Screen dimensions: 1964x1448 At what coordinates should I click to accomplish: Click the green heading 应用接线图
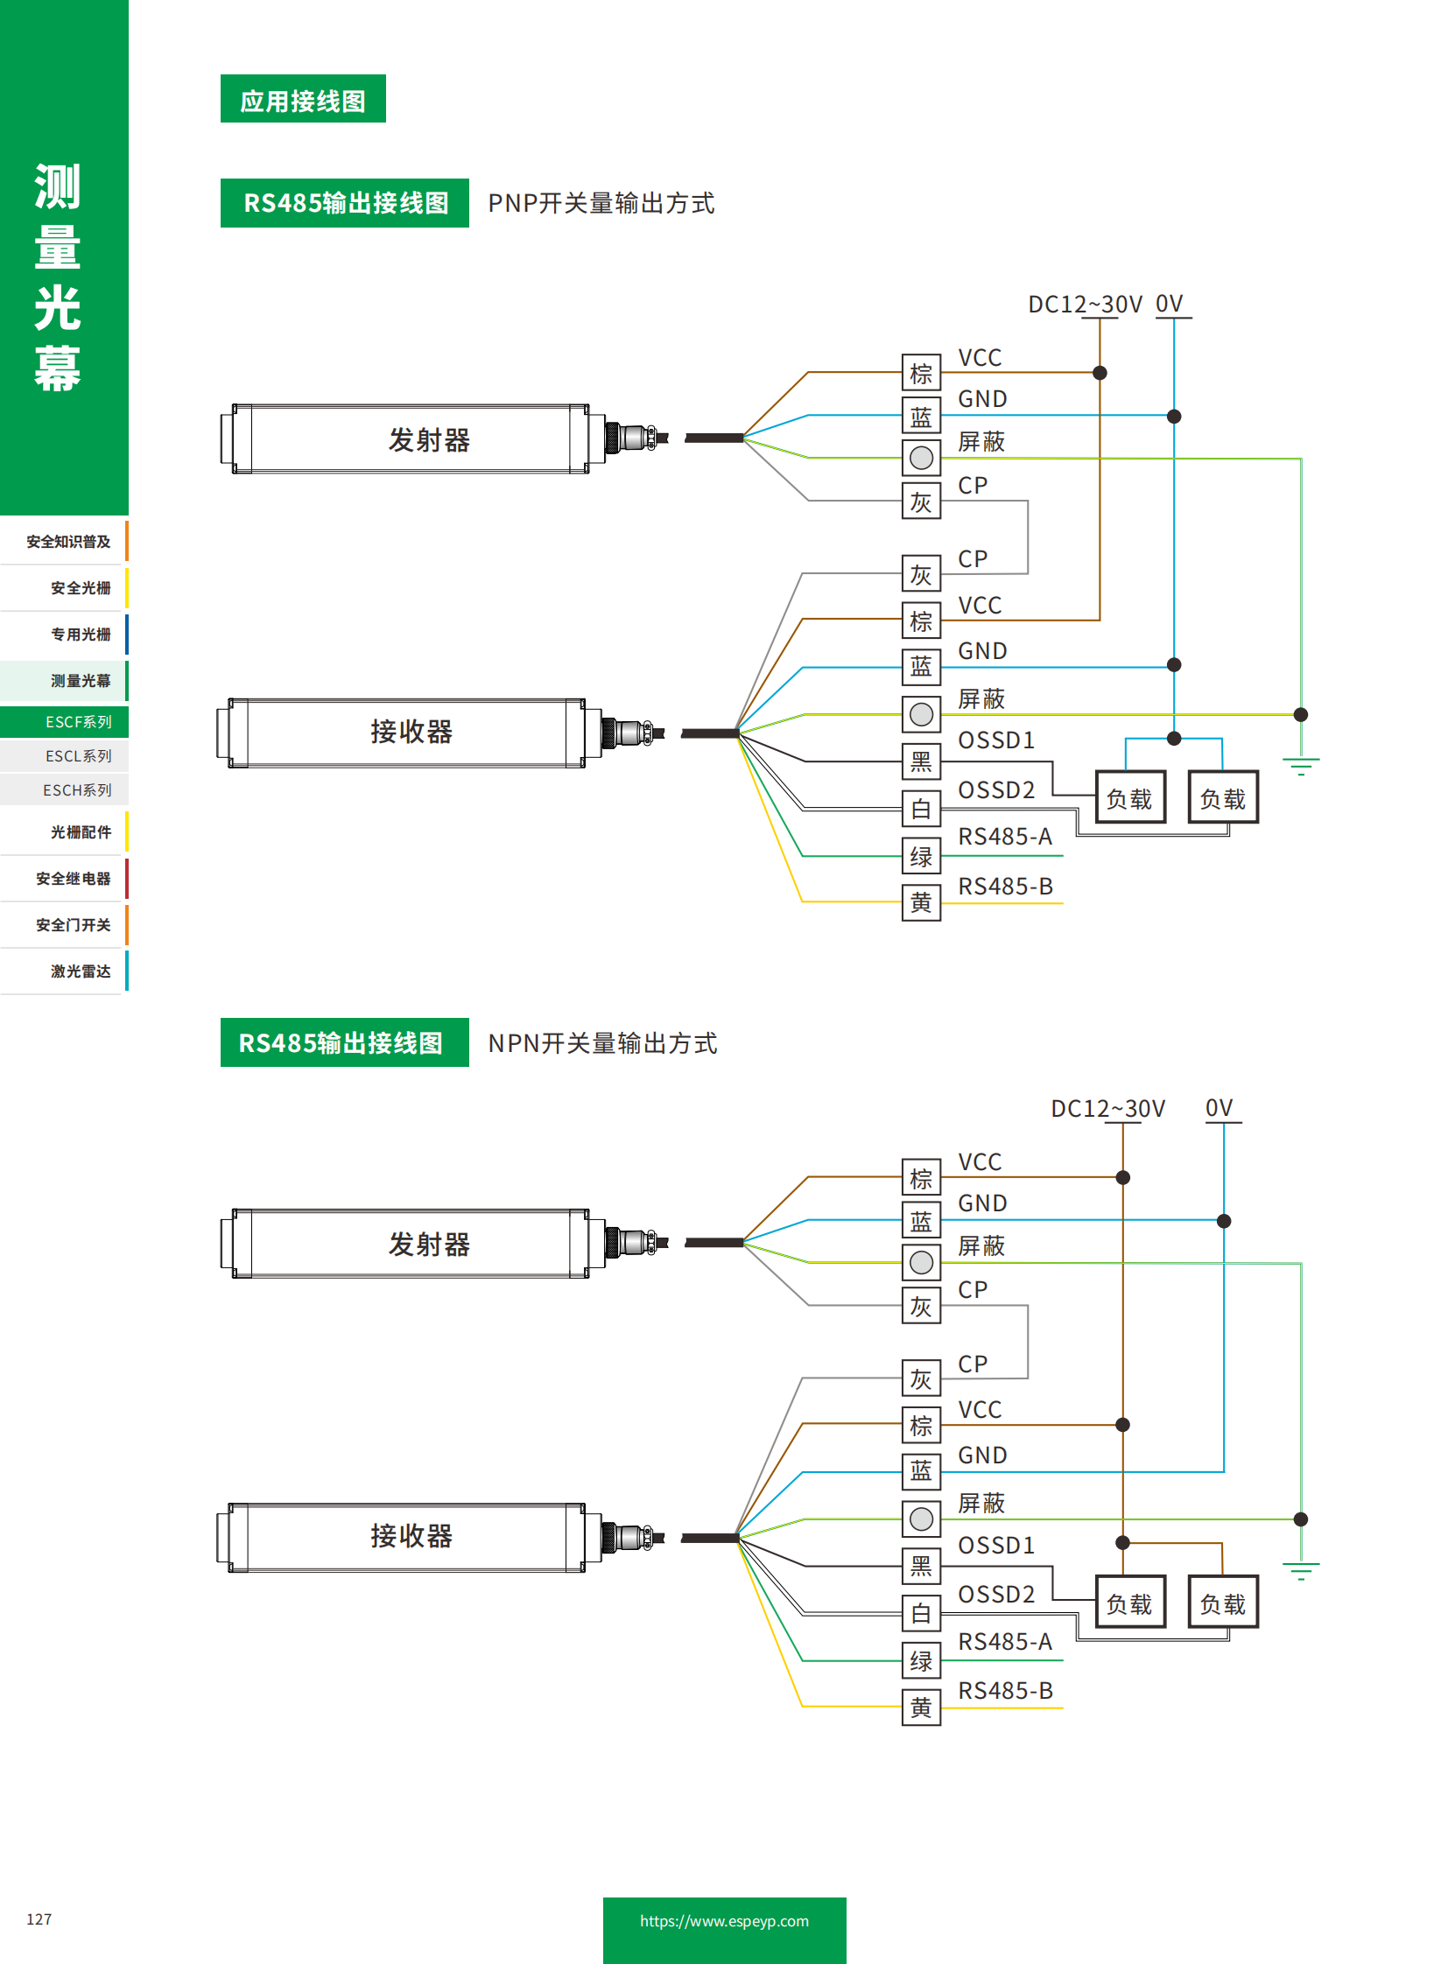(x=302, y=100)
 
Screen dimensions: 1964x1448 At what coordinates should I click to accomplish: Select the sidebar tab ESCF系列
(x=78, y=721)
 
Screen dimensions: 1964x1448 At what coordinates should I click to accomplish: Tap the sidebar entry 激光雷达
(x=80, y=970)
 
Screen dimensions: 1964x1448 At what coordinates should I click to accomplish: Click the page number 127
(x=39, y=1918)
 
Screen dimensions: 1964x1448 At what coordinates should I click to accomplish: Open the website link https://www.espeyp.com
(x=723, y=1920)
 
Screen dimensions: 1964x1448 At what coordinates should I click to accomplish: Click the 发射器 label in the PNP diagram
(x=429, y=439)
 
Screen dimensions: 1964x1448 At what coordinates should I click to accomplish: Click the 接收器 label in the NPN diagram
(x=411, y=1534)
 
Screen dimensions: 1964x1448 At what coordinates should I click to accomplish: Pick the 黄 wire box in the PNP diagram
(x=920, y=901)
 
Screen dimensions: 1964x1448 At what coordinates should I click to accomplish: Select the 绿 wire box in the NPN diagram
(x=920, y=1660)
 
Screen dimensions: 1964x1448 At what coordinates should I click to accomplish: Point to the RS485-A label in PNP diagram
(x=1004, y=836)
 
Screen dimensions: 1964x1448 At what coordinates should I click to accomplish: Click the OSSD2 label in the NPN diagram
(x=995, y=1593)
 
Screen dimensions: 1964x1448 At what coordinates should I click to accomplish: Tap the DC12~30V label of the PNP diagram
(x=1084, y=304)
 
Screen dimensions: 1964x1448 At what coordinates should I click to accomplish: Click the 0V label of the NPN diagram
(x=1219, y=1108)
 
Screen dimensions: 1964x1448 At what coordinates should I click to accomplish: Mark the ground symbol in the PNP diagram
(x=1300, y=766)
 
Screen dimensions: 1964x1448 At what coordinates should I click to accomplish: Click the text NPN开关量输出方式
(x=602, y=1043)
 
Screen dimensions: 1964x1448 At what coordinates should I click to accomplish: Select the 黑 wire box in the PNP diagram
(x=920, y=761)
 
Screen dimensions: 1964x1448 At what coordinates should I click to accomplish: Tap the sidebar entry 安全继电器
(x=73, y=877)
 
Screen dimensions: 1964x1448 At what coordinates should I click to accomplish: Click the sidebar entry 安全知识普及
(x=68, y=541)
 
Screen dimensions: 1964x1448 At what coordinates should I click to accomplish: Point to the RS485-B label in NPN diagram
(x=1004, y=1690)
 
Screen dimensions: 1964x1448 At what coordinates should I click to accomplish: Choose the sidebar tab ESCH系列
(x=77, y=789)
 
